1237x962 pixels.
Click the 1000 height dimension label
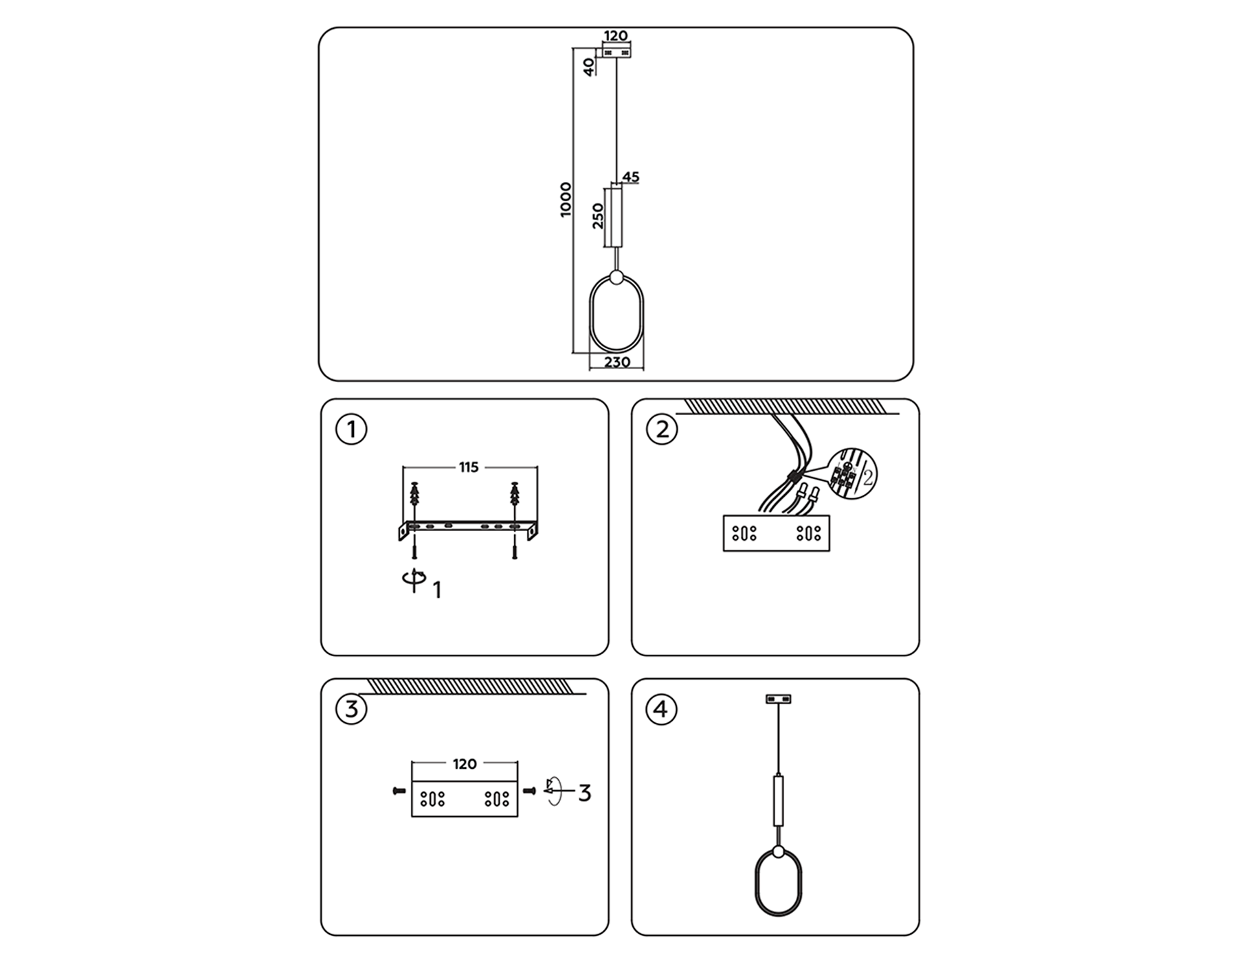[566, 200]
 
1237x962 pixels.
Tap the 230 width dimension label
[617, 362]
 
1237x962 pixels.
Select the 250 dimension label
[598, 216]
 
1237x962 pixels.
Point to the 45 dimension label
[630, 177]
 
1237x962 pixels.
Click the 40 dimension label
[589, 67]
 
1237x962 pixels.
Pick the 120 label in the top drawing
[616, 36]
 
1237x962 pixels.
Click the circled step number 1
[351, 429]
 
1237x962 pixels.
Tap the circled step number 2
[662, 429]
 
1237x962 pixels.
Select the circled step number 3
[351, 709]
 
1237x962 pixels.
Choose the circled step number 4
[662, 709]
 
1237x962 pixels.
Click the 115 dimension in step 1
[469, 467]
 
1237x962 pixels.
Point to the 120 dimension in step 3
[465, 764]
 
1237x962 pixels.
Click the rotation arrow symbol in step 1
[414, 581]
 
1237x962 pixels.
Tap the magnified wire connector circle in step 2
[852, 474]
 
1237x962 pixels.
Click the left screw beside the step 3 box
[399, 791]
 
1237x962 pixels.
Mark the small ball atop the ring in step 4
[779, 852]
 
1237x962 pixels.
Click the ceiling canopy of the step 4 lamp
[779, 700]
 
